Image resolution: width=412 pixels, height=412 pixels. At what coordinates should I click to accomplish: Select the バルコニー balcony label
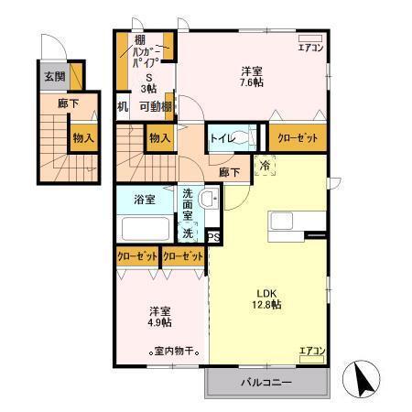(x=266, y=382)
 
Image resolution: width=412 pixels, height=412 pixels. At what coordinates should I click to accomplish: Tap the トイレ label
(x=221, y=138)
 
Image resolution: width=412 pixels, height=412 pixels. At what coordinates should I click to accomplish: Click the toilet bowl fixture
(x=244, y=138)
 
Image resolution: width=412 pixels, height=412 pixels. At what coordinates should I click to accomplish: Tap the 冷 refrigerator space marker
(x=265, y=168)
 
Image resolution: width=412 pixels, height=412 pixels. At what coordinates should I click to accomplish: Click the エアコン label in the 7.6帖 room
(x=309, y=47)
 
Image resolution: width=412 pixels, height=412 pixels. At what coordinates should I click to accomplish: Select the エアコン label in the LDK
(x=311, y=349)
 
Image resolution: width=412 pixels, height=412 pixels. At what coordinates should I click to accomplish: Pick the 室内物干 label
(x=176, y=351)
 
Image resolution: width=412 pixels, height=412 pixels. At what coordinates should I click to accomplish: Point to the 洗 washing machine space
(x=188, y=233)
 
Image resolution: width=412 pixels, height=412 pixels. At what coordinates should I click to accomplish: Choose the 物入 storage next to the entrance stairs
(x=83, y=138)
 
